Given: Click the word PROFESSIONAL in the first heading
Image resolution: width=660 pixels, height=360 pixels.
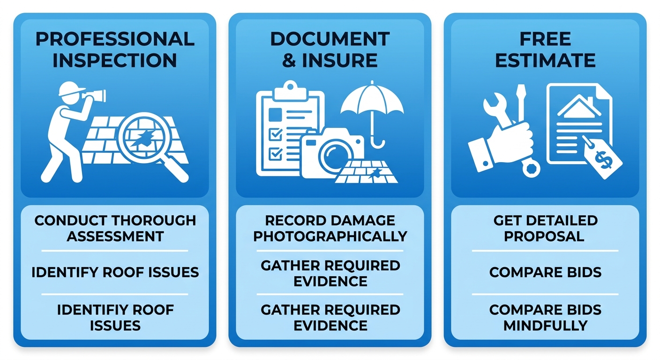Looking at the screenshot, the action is [x=115, y=39].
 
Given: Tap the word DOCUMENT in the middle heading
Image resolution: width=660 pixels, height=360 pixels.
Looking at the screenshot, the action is [x=330, y=39].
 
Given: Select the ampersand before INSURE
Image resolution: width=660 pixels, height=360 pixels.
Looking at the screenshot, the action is [x=289, y=60].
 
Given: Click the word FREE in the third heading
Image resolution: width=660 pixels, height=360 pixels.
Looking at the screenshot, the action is [x=545, y=39].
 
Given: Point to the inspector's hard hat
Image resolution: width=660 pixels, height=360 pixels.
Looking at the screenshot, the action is [x=71, y=88].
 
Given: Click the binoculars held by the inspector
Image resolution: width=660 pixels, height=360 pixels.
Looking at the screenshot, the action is [x=94, y=95].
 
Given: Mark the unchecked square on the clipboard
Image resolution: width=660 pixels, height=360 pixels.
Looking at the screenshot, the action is [x=275, y=114].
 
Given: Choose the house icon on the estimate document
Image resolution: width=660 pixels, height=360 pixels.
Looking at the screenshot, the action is [x=579, y=107].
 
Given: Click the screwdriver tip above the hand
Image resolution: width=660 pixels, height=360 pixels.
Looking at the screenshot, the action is [x=521, y=91].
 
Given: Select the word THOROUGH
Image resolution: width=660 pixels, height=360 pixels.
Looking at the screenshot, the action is [x=154, y=220].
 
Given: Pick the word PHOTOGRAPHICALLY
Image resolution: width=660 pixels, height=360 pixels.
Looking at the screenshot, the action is [x=330, y=236].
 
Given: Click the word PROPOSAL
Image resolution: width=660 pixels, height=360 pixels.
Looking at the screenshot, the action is [x=544, y=236].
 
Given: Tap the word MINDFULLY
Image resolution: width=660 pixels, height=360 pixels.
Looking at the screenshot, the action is [x=545, y=325].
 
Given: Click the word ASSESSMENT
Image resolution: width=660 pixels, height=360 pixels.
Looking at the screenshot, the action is [x=115, y=236].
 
